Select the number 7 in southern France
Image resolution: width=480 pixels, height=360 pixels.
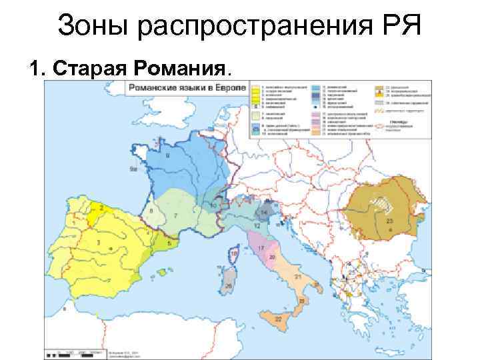coord(175,216)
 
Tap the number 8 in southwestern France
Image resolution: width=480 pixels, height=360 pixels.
coord(151,211)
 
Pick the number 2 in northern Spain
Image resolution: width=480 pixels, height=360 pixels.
coord(101,208)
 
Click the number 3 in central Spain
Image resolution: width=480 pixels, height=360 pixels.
coord(98,243)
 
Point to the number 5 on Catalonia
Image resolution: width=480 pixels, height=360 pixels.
coord(169,243)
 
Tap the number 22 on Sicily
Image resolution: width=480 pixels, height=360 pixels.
coord(277,319)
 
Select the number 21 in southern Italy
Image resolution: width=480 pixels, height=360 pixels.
coord(297,276)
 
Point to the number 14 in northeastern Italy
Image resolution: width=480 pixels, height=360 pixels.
coord(265,212)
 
